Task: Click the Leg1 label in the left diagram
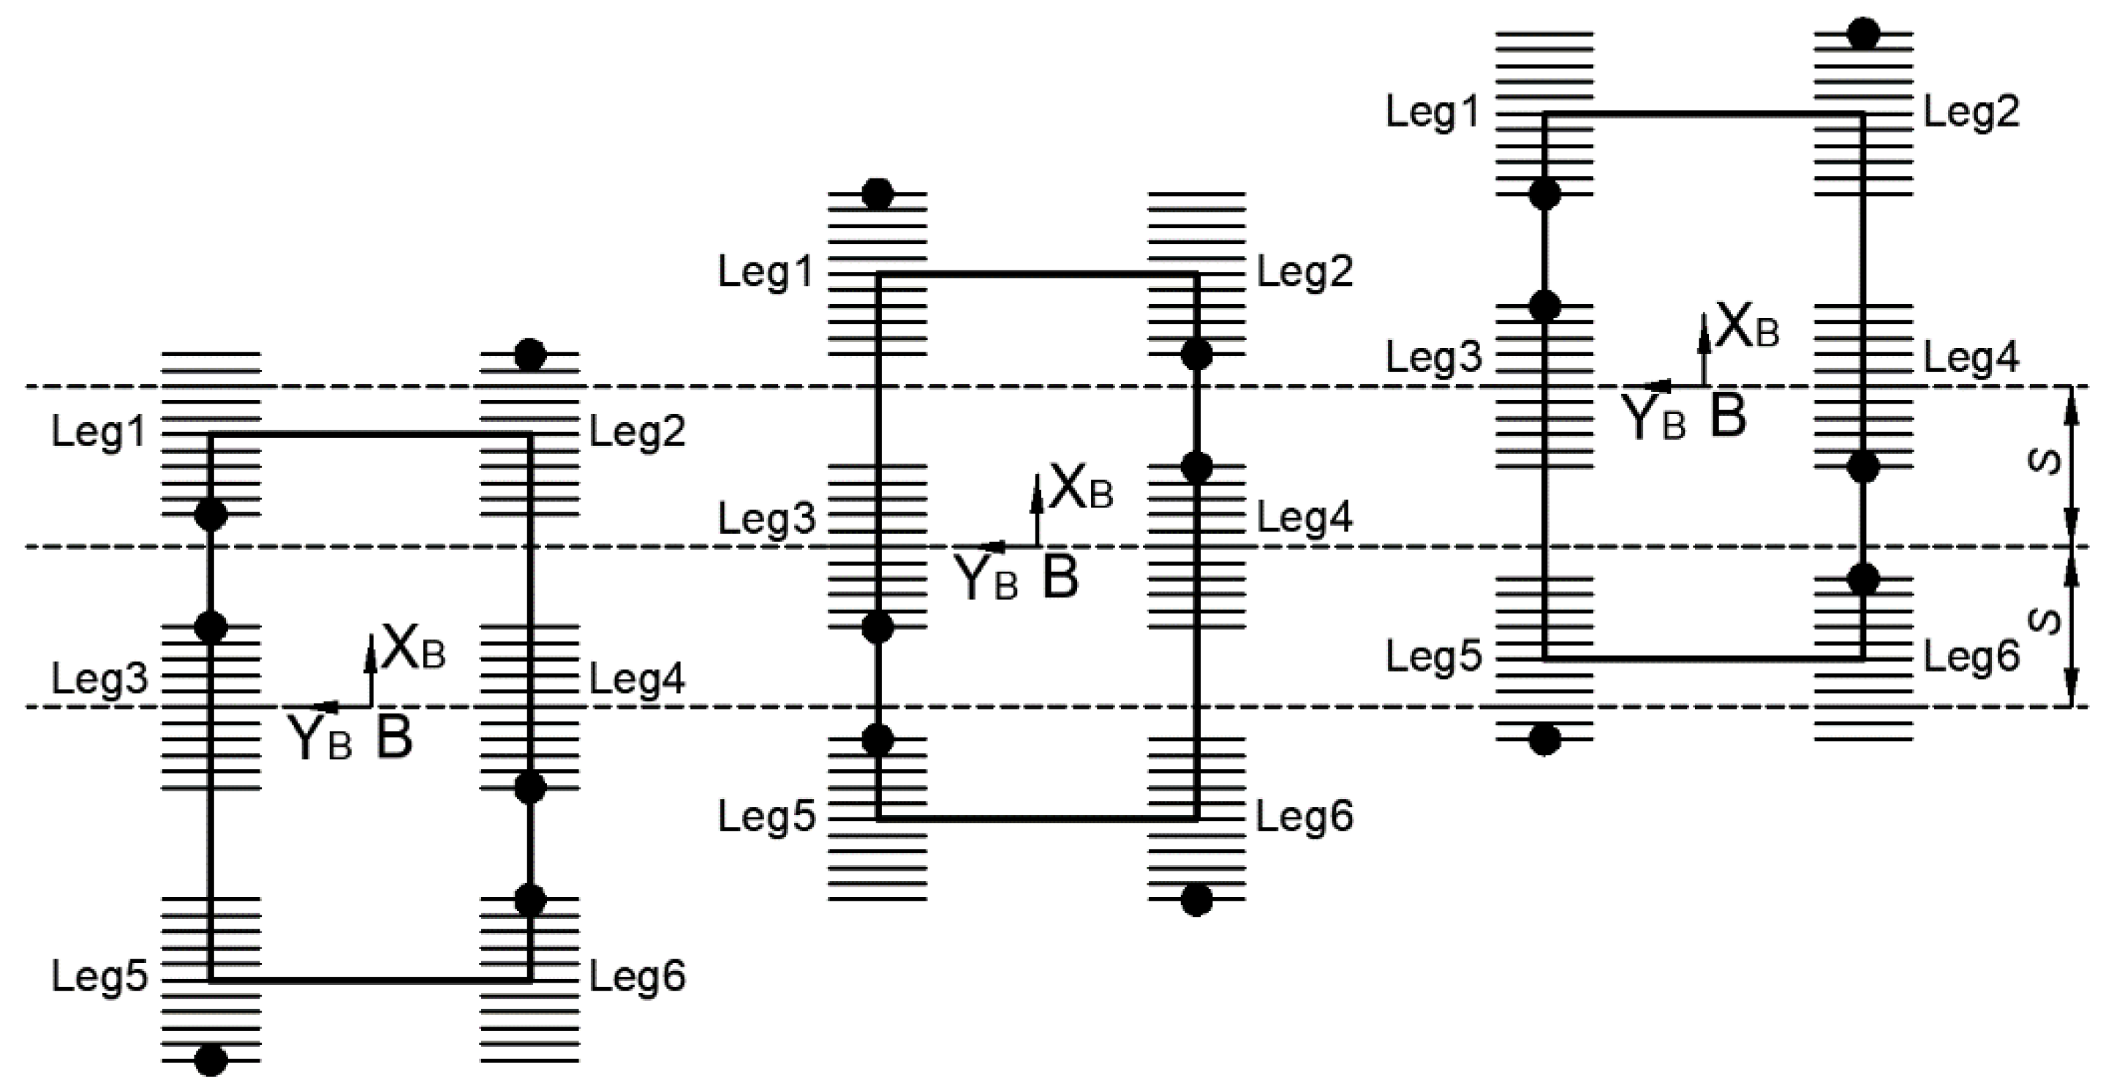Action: click(x=99, y=431)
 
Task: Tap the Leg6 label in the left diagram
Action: click(x=637, y=976)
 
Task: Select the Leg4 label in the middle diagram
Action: click(x=1305, y=518)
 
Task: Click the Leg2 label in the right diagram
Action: click(x=1971, y=113)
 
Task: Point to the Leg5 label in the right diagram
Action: click(x=1434, y=657)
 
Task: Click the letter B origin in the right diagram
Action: click(x=1727, y=417)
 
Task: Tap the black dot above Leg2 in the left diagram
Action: click(x=529, y=355)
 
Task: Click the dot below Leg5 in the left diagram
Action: click(x=211, y=1060)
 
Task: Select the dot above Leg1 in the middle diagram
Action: click(x=877, y=194)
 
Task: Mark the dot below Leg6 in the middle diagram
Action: click(x=1196, y=900)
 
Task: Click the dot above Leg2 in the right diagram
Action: click(x=1864, y=34)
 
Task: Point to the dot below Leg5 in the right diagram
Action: click(x=1544, y=739)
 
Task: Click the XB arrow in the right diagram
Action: click(x=1705, y=344)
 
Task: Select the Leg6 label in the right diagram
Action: click(x=1971, y=657)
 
